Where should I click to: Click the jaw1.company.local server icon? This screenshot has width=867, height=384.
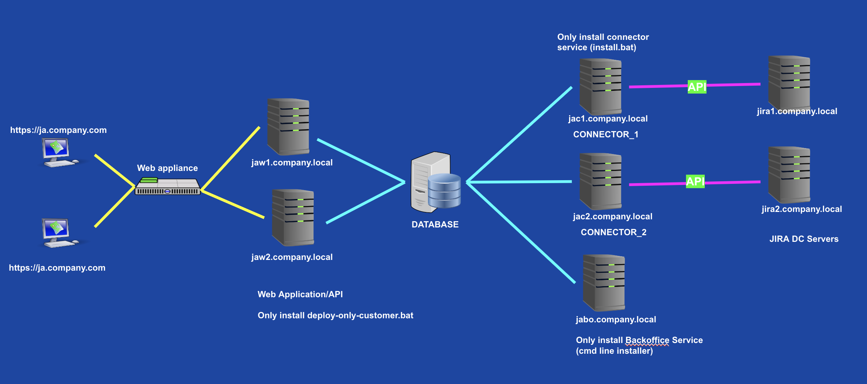pyautogui.click(x=288, y=126)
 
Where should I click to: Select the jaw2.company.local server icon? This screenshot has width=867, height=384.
pyautogui.click(x=293, y=217)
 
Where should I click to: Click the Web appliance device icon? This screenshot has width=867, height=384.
pyautogui.click(x=167, y=186)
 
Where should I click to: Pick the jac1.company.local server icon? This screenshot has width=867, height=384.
pyautogui.click(x=601, y=87)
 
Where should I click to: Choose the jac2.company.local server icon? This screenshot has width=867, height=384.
pyautogui.click(x=601, y=181)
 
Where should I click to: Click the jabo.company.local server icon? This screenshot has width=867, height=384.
pyautogui.click(x=604, y=283)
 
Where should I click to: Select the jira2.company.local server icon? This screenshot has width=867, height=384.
pyautogui.click(x=789, y=174)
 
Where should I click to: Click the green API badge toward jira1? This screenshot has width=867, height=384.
pyautogui.click(x=697, y=87)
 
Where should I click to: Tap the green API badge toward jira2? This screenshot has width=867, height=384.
pyautogui.click(x=695, y=181)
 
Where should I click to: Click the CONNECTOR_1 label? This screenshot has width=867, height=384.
pyautogui.click(x=606, y=134)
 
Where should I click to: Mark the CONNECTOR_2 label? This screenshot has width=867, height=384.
pyautogui.click(x=613, y=232)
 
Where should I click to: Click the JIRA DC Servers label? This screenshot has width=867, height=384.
pyautogui.click(x=804, y=239)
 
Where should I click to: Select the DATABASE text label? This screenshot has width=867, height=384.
pyautogui.click(x=435, y=224)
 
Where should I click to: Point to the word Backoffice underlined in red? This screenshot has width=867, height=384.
pyautogui.click(x=647, y=340)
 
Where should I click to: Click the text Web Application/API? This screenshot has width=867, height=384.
pyautogui.click(x=300, y=294)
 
